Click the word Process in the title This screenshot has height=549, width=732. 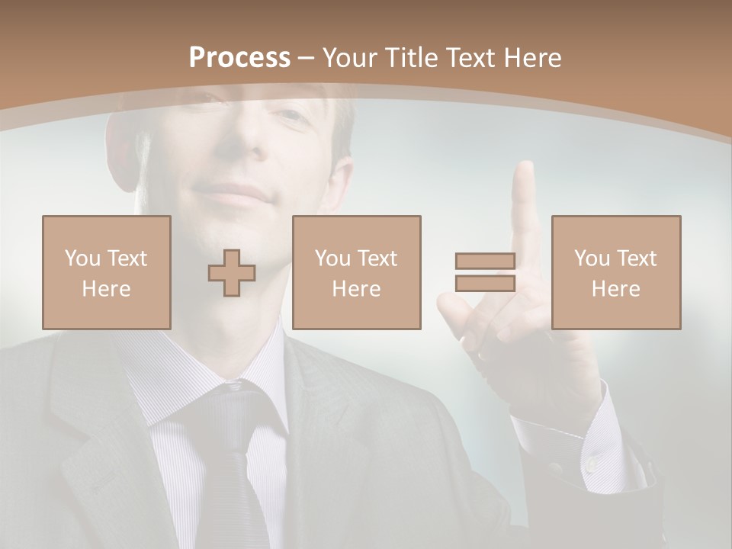coord(239,58)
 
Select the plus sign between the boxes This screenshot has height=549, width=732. coord(232,273)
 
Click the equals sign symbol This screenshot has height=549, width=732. coord(485,272)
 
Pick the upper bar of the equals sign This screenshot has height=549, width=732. coord(485,262)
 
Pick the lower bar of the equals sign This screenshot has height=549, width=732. coord(485,283)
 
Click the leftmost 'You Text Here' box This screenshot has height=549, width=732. coord(106,272)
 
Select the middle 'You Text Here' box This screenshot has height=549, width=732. coord(356,272)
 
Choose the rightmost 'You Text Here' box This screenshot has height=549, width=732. coord(615,272)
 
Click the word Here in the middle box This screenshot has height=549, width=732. coord(356,289)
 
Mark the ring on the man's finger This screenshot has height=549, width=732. coord(481,354)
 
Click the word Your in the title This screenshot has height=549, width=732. coord(350,58)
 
